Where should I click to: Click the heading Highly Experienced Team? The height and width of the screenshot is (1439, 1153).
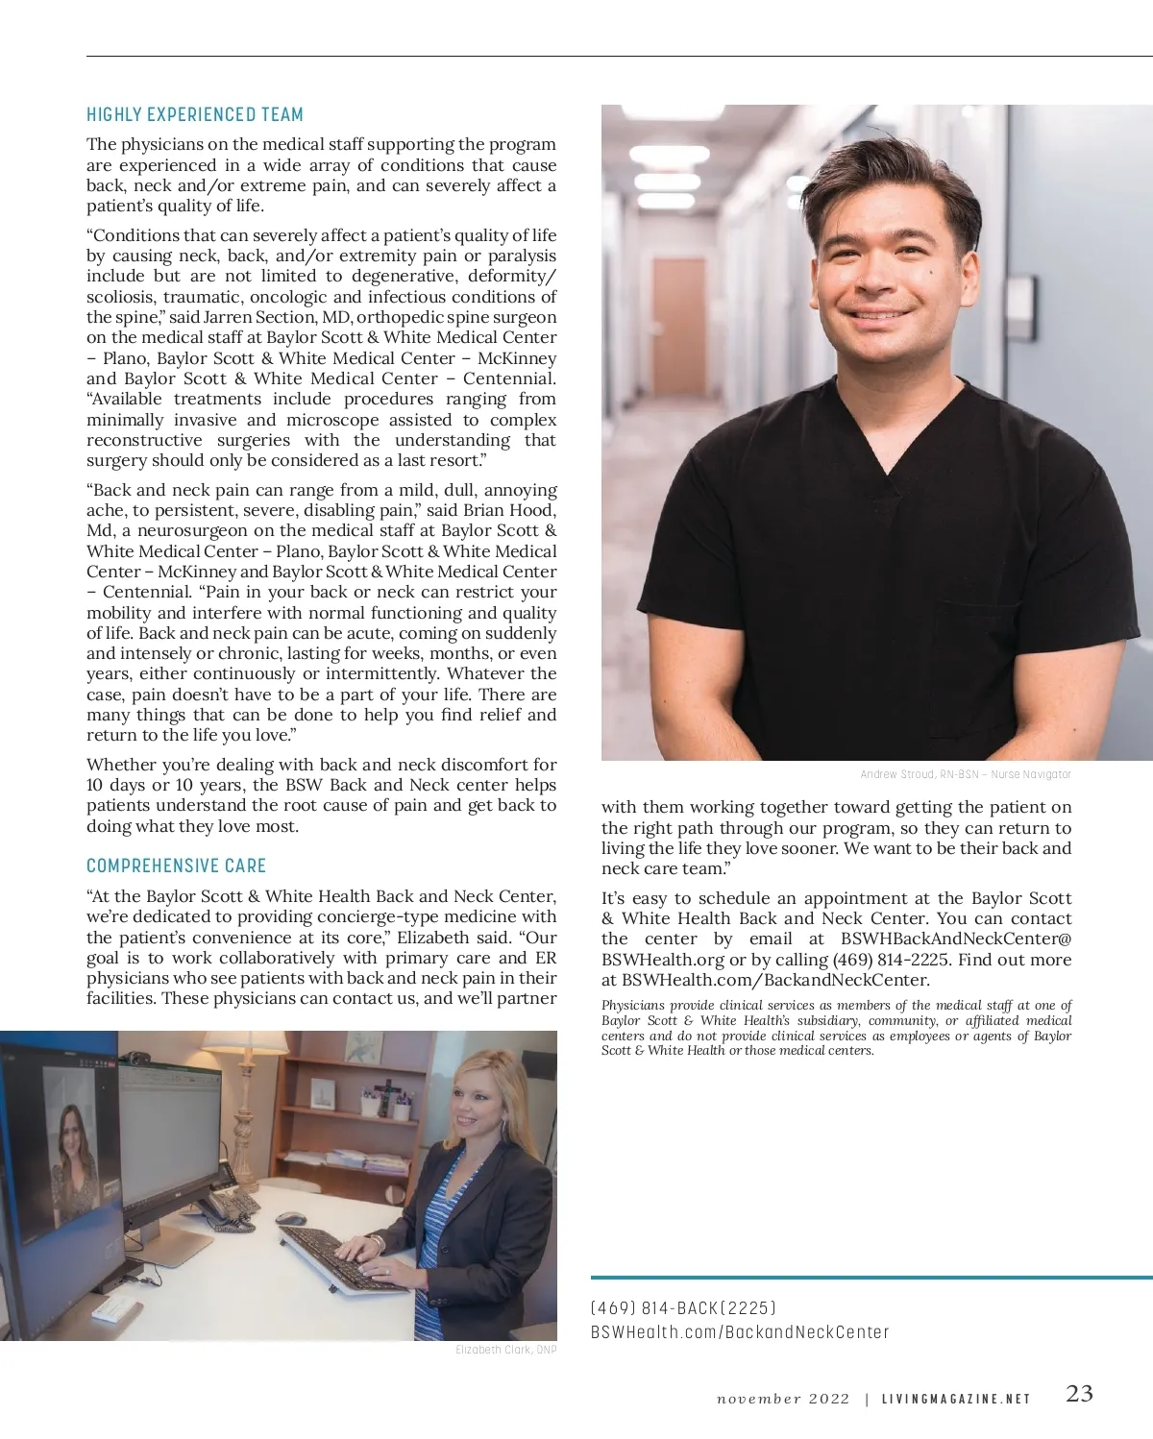point(195,115)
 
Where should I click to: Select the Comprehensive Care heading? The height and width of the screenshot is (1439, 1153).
point(176,866)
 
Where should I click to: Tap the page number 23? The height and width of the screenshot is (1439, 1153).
point(1079,1394)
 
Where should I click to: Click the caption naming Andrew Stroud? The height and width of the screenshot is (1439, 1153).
point(965,774)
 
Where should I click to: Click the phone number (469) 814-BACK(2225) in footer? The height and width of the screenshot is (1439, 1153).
point(683,1308)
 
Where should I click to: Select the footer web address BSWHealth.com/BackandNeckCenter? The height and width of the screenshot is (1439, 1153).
point(739,1332)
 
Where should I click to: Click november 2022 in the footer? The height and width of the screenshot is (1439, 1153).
point(783,1399)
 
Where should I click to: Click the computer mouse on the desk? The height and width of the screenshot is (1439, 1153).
point(290,1218)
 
